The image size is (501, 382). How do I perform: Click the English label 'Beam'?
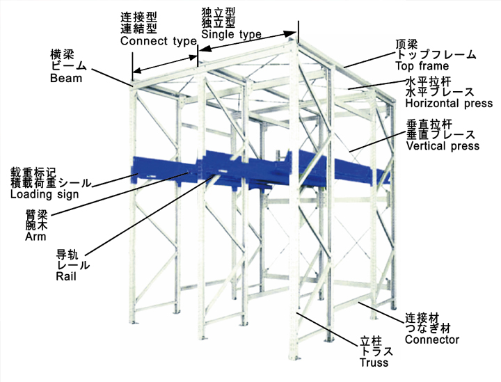click(66, 78)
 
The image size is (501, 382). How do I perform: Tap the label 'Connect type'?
click(159, 41)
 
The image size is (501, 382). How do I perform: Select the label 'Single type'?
click(231, 34)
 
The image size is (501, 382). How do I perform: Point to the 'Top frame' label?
click(422, 66)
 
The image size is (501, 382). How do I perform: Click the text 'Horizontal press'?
click(449, 103)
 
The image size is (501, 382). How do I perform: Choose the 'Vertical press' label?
click(443, 146)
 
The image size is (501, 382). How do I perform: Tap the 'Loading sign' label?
click(45, 195)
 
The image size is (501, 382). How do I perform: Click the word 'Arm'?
click(35, 237)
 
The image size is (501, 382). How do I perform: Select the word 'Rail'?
click(66, 276)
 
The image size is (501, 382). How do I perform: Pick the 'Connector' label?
click(432, 339)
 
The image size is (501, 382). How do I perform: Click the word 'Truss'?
click(374, 363)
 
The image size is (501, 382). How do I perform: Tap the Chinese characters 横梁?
click(63, 54)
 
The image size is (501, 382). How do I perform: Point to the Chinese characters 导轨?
click(67, 255)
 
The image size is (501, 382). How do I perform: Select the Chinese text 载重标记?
click(33, 173)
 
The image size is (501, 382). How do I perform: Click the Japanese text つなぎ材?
click(428, 328)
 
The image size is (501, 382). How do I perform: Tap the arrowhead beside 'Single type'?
click(290, 33)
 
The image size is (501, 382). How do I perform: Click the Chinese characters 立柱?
click(371, 341)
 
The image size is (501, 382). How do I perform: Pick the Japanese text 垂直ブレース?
click(441, 135)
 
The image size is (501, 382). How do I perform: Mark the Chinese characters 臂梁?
click(36, 214)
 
